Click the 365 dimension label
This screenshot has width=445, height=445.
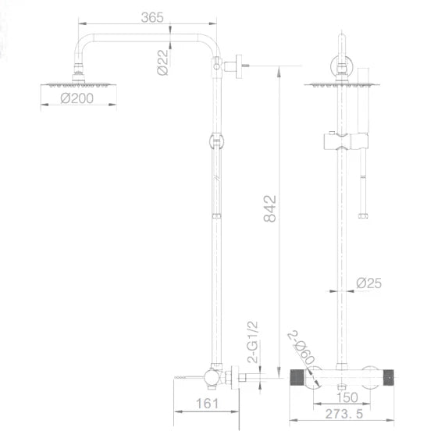tap(152, 18)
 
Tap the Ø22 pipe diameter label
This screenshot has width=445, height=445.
tap(162, 62)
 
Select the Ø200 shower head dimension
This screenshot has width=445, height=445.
tap(77, 98)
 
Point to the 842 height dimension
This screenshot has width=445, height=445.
tap(269, 208)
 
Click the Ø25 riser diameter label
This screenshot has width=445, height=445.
tap(369, 283)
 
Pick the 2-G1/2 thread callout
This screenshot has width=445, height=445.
tap(253, 342)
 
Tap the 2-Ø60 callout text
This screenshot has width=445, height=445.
tap(301, 347)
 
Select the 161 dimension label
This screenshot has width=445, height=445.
tap(207, 404)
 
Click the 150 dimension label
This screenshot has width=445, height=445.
tap(347, 397)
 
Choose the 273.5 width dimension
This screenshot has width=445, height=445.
tap(344, 414)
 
